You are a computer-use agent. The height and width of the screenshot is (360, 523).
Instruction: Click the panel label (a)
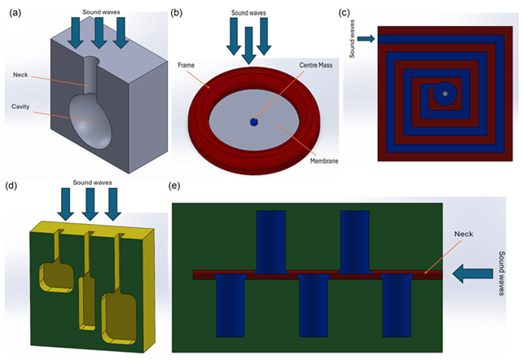(x=13, y=10)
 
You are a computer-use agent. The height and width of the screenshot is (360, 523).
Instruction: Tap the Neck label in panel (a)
(x=23, y=76)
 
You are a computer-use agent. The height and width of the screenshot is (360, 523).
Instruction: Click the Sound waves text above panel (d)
(x=91, y=182)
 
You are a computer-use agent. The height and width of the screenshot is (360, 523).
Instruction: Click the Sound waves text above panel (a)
(x=103, y=8)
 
